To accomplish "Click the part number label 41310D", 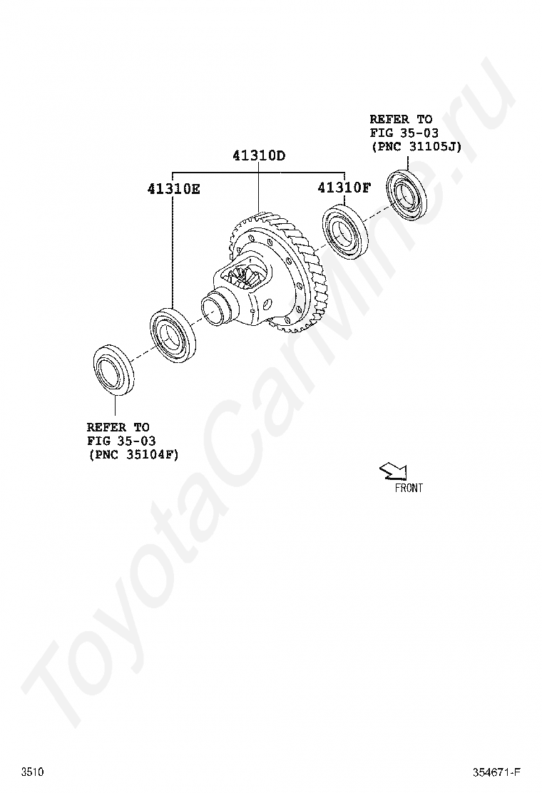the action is point(259,155).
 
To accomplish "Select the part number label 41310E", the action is point(173,189).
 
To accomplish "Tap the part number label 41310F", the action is point(344,188).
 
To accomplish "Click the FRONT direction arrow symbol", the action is point(394,471).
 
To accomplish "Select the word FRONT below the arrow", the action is point(409,488).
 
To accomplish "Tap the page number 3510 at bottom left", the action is point(32,772).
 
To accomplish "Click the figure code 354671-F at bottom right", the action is point(497,772).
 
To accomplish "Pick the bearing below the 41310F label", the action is point(344,231).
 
